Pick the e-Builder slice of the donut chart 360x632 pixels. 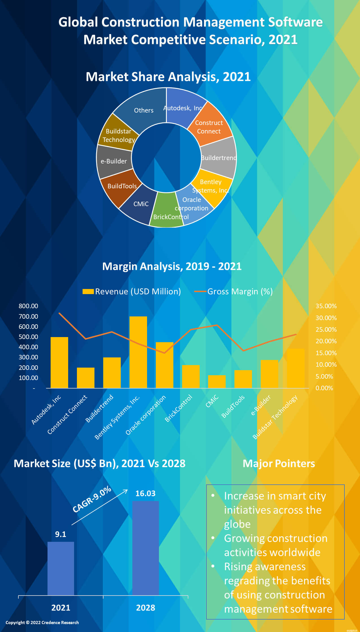pyautogui.click(x=113, y=161)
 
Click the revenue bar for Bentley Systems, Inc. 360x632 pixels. pyautogui.click(x=138, y=352)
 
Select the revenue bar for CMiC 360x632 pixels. pyautogui.click(x=217, y=381)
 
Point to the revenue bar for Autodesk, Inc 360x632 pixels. pyautogui.click(x=59, y=362)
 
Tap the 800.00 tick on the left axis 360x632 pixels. pyautogui.click(x=28, y=306)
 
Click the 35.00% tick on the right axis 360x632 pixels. pyautogui.click(x=326, y=306)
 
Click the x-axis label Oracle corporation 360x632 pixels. pyautogui.click(x=146, y=415)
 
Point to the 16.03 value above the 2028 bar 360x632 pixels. pyautogui.click(x=145, y=493)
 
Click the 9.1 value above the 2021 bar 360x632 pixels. pyautogui.click(x=61, y=534)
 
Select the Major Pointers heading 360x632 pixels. pyautogui.click(x=279, y=464)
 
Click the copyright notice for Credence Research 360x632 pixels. pyautogui.click(x=42, y=622)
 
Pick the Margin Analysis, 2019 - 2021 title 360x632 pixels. pyautogui.click(x=172, y=266)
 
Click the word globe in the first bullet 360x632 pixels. pyautogui.click(x=237, y=524)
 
